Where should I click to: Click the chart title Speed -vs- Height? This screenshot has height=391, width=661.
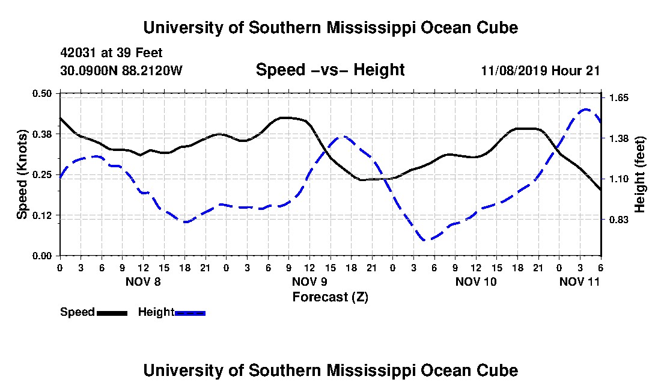point(330,70)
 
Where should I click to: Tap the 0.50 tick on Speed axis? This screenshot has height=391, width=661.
point(41,93)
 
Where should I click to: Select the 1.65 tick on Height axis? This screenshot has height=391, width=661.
point(619,98)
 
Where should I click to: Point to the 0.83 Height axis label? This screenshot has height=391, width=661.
point(619,220)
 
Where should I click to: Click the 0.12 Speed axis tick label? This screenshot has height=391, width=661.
point(41,215)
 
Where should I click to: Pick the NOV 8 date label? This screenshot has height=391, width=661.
point(143,282)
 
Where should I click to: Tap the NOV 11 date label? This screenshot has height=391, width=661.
point(579,282)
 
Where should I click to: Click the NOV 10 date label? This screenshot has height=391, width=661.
point(476,282)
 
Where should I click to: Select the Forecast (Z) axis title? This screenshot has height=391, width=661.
point(330,297)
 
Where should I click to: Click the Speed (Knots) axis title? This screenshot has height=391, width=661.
point(22,174)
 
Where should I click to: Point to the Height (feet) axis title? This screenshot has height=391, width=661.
point(639,174)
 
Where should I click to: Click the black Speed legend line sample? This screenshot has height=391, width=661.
point(112,313)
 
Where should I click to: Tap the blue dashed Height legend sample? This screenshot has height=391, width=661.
point(190,313)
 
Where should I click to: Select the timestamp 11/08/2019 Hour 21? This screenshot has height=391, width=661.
point(540,70)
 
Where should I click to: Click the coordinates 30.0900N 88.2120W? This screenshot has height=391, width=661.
point(121,70)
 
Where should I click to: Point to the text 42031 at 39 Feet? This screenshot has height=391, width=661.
point(111,53)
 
